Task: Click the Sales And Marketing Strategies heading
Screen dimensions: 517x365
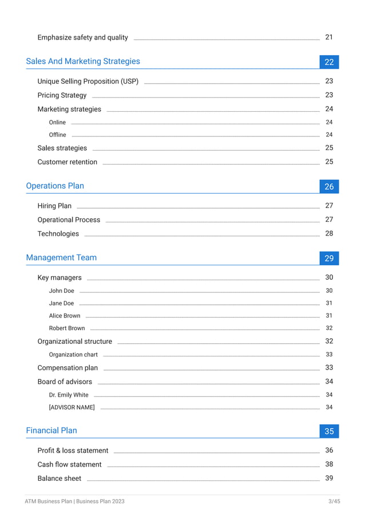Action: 83,61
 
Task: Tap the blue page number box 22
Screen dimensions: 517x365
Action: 329,62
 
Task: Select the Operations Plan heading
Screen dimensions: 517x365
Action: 55,186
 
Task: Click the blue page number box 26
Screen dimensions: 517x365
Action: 329,186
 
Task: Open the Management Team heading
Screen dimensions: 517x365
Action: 61,257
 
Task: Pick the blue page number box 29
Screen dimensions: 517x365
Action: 329,258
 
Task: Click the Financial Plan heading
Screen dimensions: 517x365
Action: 51,430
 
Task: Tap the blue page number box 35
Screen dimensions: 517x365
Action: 329,431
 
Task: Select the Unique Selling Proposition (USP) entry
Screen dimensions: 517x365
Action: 88,81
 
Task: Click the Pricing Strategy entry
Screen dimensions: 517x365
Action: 62,95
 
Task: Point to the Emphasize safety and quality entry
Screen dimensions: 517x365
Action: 82,37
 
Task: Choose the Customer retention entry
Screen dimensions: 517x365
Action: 68,162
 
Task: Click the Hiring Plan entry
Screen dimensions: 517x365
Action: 54,206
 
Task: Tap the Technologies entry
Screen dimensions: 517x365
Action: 58,234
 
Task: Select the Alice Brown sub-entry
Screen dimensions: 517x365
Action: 65,316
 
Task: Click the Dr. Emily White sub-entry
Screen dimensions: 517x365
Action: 69,395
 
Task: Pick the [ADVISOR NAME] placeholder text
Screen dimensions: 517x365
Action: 72,408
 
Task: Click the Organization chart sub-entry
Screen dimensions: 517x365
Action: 73,355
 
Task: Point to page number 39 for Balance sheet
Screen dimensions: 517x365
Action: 329,479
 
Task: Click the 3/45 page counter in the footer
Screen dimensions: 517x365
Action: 334,502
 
